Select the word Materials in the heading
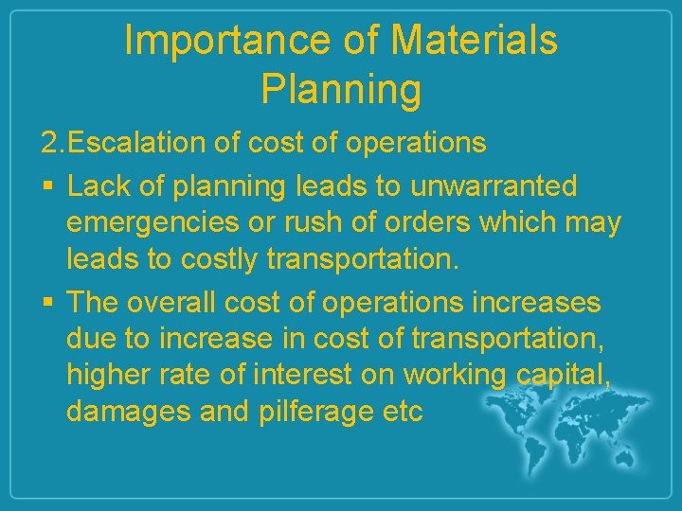[474, 42]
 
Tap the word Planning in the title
[340, 89]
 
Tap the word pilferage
[316, 413]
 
